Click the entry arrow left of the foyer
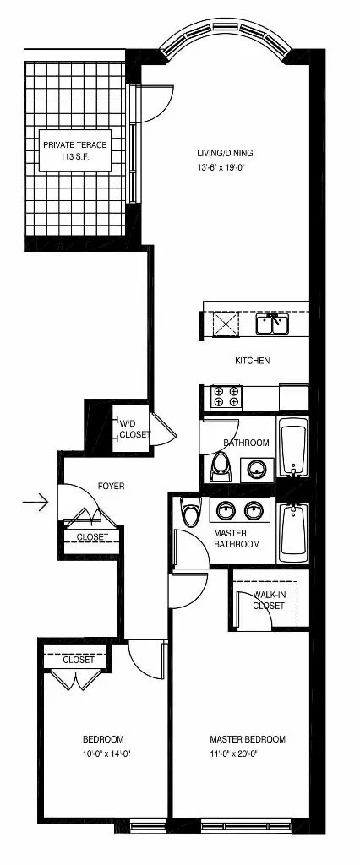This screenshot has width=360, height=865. click(35, 503)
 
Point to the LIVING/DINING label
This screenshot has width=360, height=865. click(225, 153)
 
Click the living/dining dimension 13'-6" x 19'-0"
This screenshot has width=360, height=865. click(225, 166)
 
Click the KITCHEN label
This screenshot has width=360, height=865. click(252, 361)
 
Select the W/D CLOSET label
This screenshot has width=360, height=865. click(134, 428)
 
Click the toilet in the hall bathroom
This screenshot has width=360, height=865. click(220, 465)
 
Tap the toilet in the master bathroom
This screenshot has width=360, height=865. click(191, 512)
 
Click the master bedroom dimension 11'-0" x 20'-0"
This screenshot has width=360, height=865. click(248, 753)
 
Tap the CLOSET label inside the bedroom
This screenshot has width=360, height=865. click(79, 660)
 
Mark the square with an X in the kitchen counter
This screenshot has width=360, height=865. click(225, 324)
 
